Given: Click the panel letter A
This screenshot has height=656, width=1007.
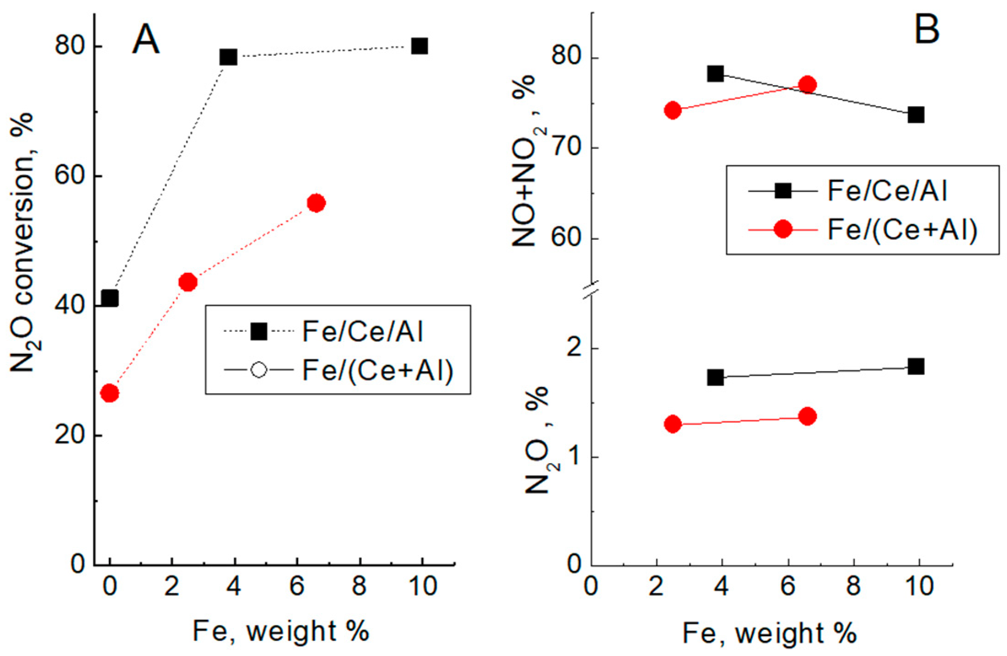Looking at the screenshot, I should pyautogui.click(x=146, y=40).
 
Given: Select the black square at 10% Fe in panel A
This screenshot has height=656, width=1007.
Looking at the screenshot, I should pyautogui.click(x=419, y=46).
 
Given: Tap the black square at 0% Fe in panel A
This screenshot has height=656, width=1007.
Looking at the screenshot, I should pyautogui.click(x=109, y=298).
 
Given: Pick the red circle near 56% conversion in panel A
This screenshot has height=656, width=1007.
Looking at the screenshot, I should pyautogui.click(x=316, y=203).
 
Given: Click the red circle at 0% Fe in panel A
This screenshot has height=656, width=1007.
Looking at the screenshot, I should pyautogui.click(x=109, y=393).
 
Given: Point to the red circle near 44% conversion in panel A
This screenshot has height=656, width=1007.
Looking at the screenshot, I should pyautogui.click(x=188, y=282).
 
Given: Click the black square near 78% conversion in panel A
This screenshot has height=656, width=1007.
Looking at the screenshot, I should pyautogui.click(x=229, y=57).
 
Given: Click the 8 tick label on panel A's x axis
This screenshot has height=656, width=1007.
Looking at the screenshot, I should pyautogui.click(x=359, y=586).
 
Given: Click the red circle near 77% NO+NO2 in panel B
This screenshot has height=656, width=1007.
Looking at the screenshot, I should pyautogui.click(x=807, y=85).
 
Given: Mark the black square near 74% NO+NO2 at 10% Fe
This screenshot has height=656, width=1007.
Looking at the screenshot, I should pyautogui.click(x=916, y=115).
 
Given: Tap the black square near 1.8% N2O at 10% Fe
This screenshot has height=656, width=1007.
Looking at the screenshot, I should pyautogui.click(x=916, y=367).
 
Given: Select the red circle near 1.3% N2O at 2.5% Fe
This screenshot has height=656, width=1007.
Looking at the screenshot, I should pyautogui.click(x=673, y=424).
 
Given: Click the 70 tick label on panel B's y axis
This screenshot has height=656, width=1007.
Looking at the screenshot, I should pyautogui.click(x=566, y=148).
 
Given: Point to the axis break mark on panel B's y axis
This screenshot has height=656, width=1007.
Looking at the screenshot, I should pyautogui.click(x=591, y=290).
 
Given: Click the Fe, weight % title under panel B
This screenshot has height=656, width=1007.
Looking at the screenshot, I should pyautogui.click(x=769, y=633).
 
